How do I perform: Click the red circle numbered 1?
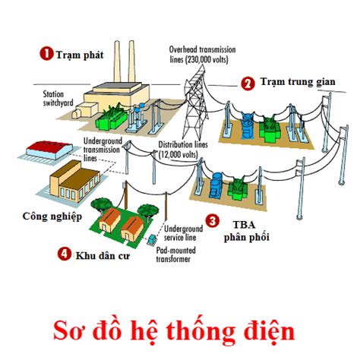pyautogui.click(x=46, y=54)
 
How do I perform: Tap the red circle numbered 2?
pyautogui.click(x=248, y=84)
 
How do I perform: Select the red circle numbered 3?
pyautogui.click(x=212, y=221)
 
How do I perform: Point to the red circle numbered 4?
pyautogui.click(x=65, y=254)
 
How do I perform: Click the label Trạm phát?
pyautogui.click(x=80, y=55)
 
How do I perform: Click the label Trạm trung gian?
pyautogui.click(x=298, y=82)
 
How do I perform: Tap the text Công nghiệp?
pyautogui.click(x=52, y=216)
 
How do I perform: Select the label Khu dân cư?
pyautogui.click(x=103, y=256)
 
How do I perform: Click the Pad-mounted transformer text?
pyautogui.click(x=176, y=254)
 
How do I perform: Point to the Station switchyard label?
pyautogui.click(x=58, y=99)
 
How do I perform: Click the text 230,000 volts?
pyautogui.click(x=207, y=59)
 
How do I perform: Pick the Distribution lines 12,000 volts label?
pyautogui.click(x=183, y=150)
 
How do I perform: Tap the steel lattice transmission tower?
pyautogui.click(x=195, y=103)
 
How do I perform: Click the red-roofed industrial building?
pyautogui.click(x=49, y=150)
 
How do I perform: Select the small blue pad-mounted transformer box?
pyautogui.click(x=151, y=239)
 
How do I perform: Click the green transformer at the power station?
pyautogui.click(x=111, y=118)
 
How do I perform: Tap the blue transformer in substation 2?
pyautogui.click(x=247, y=126)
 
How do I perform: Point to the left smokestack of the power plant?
pyautogui.click(x=117, y=62)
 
